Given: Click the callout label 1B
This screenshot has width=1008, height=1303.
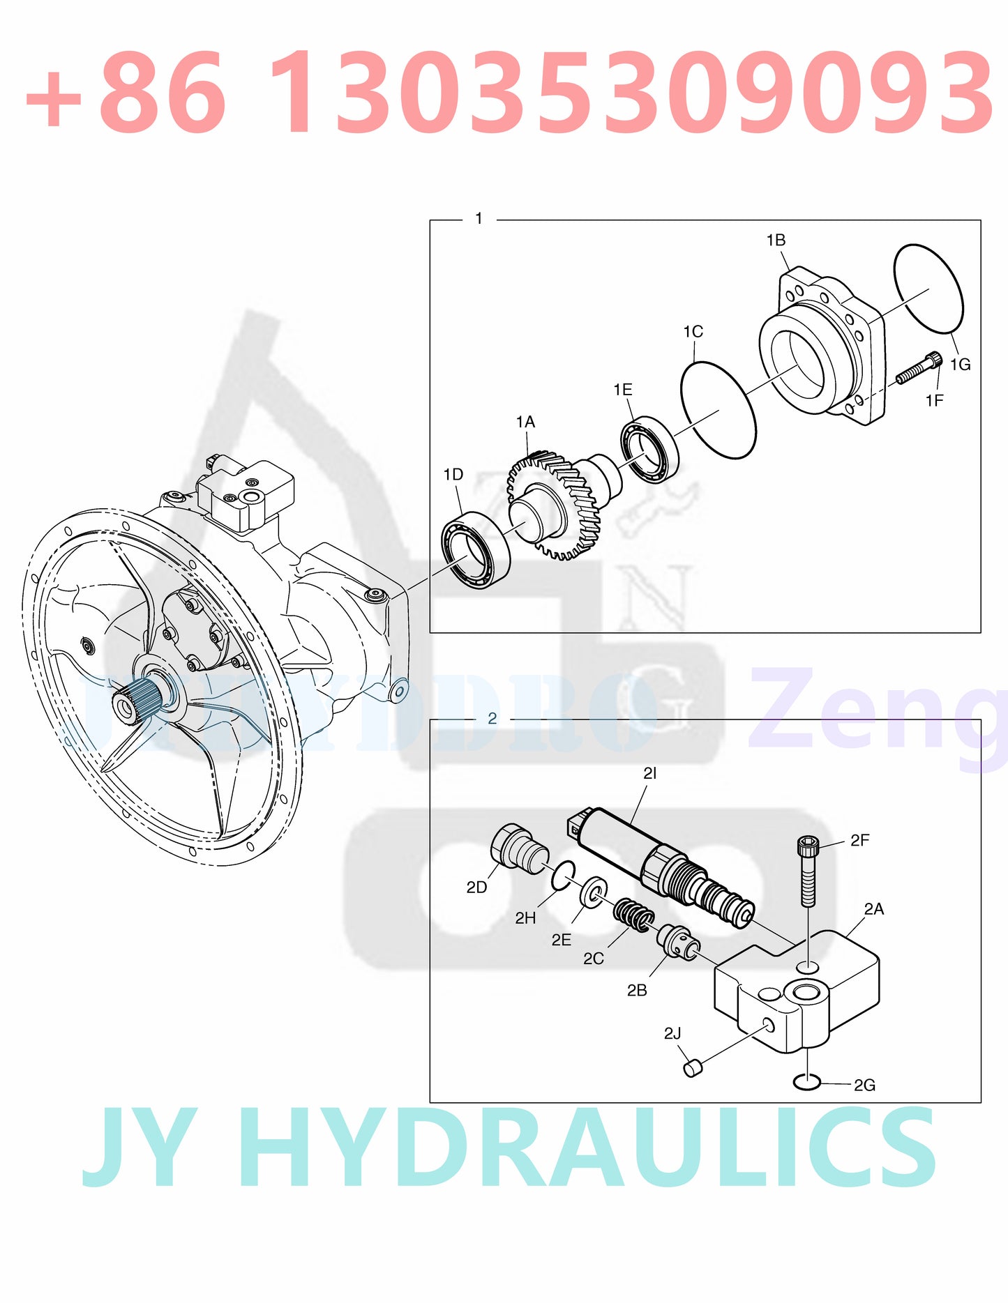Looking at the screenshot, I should tap(776, 241).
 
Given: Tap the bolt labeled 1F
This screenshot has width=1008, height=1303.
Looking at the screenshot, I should tap(919, 369).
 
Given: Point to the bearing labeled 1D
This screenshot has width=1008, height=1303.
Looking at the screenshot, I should tap(475, 549).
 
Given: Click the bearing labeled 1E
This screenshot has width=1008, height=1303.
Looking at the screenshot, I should tap(649, 448).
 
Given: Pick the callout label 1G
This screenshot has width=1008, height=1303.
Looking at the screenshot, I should tap(960, 365).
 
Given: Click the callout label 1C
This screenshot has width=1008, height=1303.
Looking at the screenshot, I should tap(693, 332).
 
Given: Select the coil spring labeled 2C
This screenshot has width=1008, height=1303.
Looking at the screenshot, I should tap(633, 915).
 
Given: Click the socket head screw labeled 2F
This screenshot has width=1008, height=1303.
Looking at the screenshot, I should tap(807, 871).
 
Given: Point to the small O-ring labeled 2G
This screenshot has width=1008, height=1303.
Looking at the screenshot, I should tap(806, 1082).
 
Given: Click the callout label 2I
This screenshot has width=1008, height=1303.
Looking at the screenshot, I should tap(649, 774).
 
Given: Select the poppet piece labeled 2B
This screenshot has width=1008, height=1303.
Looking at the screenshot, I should tap(677, 943).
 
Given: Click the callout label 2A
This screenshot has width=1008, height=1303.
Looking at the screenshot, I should tap(873, 909).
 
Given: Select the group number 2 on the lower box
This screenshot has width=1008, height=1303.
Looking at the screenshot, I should tap(492, 719).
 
